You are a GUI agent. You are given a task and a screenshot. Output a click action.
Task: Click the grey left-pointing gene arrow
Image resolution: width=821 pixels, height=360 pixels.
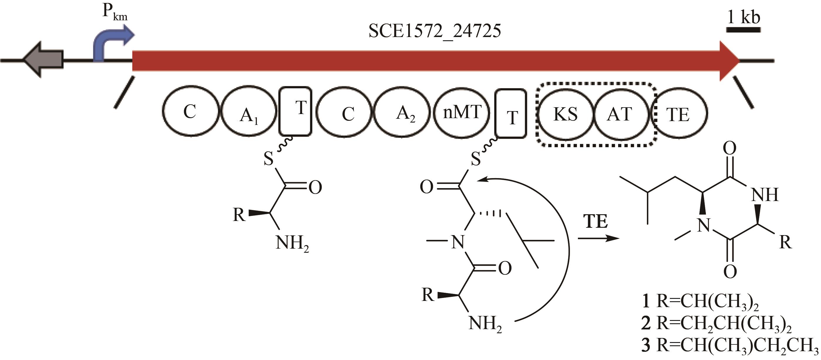43,60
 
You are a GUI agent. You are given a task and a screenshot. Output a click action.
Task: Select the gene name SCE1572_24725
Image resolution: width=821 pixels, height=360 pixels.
434,31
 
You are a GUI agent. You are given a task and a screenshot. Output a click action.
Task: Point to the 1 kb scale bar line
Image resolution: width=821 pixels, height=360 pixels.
743,30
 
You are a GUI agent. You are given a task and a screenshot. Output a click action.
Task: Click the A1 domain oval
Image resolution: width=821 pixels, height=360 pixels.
249,112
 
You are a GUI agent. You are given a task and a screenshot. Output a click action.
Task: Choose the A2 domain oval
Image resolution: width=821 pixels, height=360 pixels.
402,113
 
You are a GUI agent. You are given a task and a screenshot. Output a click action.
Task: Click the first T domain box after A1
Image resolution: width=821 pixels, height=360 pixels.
295,111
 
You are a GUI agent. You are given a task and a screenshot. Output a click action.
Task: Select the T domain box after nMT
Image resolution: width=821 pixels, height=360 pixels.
511,113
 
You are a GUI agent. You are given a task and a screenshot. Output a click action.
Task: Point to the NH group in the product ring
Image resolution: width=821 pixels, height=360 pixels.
765,195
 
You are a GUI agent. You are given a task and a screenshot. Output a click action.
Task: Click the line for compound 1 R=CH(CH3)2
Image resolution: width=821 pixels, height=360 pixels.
699,301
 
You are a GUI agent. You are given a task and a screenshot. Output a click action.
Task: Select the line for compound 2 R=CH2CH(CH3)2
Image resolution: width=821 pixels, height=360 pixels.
716,324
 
